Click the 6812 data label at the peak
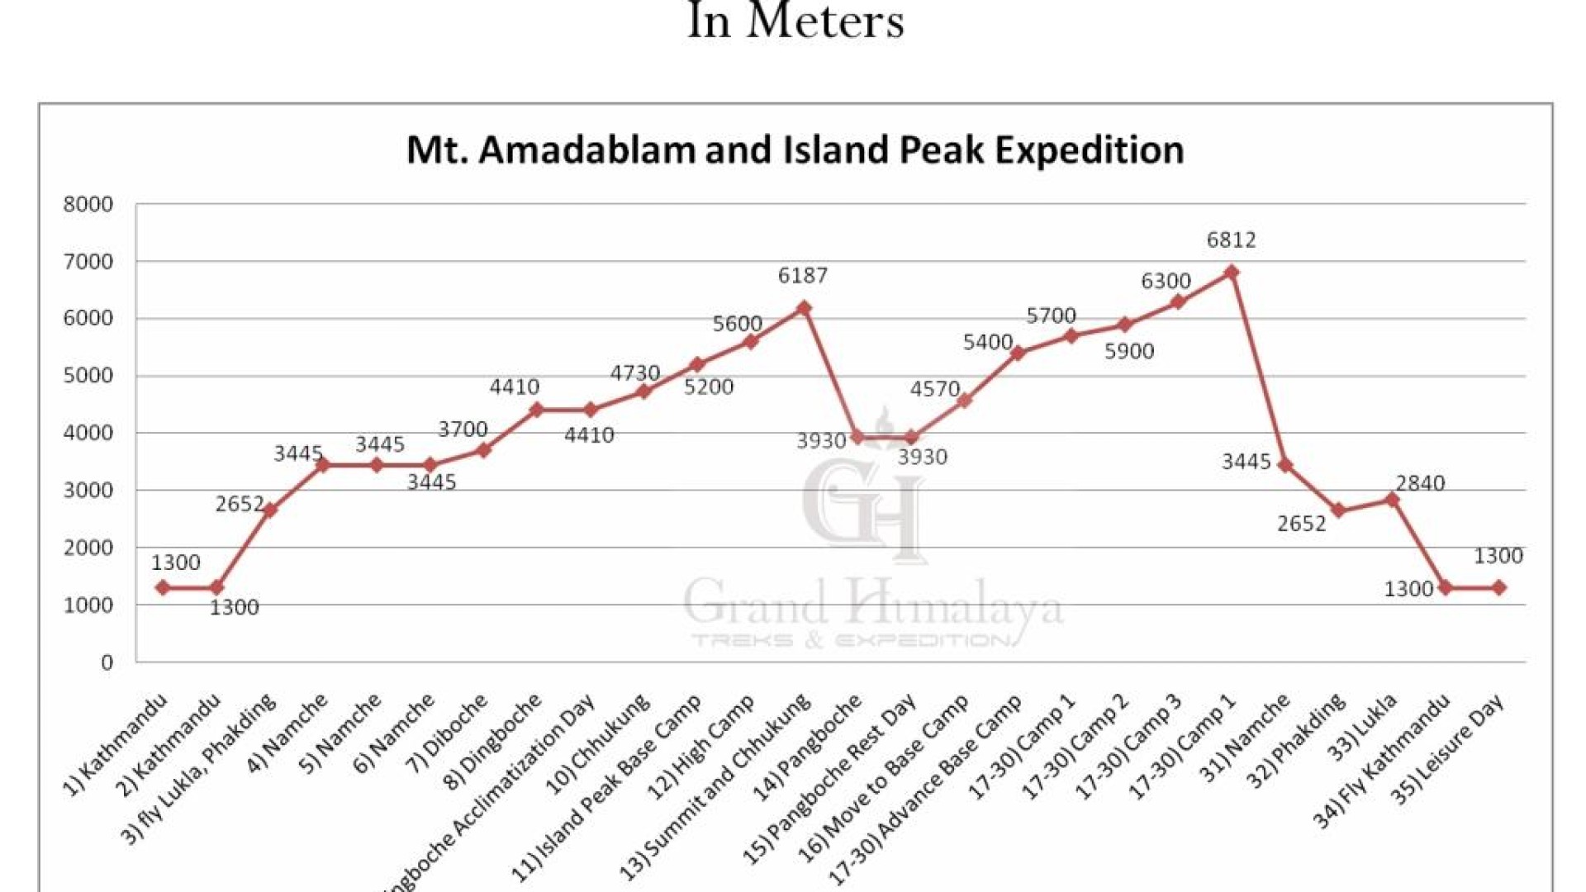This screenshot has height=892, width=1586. pyautogui.click(x=1231, y=240)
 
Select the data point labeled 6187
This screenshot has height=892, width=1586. pyautogui.click(x=804, y=308)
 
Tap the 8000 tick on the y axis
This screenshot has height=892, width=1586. pyautogui.click(x=88, y=205)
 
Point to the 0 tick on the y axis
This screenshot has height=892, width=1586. pyautogui.click(x=107, y=662)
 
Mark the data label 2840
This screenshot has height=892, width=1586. pyautogui.click(x=1420, y=483)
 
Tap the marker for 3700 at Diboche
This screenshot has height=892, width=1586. pyautogui.click(x=484, y=450)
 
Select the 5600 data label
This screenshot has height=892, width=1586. pyautogui.click(x=737, y=324)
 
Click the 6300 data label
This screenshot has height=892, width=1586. pyautogui.click(x=1166, y=282)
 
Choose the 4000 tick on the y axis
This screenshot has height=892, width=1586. pyautogui.click(x=88, y=433)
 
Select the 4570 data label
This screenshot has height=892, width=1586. pyautogui.click(x=934, y=389)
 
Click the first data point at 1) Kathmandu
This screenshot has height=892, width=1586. pyautogui.click(x=163, y=588)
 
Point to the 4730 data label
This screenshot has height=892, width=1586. pyautogui.click(x=634, y=373)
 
